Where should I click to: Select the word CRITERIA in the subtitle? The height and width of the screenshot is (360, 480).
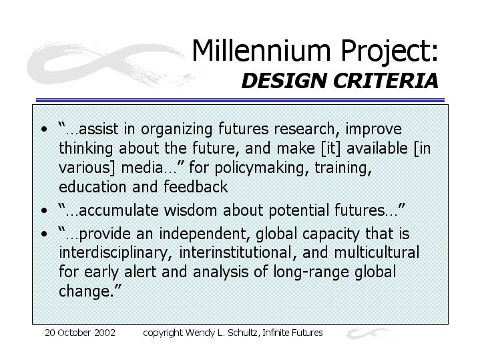(x=386, y=81)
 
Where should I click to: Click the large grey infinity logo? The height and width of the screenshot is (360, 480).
(x=113, y=64)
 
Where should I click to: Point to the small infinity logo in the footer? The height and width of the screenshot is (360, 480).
(x=369, y=333)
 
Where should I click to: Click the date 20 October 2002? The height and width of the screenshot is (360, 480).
(x=80, y=333)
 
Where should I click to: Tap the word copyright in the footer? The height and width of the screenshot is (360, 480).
(x=162, y=333)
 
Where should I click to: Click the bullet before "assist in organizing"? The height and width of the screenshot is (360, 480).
(x=44, y=130)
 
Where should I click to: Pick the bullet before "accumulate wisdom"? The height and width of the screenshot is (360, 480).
(x=44, y=211)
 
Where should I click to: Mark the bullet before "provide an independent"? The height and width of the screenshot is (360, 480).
(x=44, y=234)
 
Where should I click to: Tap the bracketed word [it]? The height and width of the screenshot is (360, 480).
(x=330, y=148)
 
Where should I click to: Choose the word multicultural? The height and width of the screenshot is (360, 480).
(x=377, y=252)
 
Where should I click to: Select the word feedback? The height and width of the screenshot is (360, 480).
(x=196, y=187)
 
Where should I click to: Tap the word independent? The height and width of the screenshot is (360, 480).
(x=202, y=234)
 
